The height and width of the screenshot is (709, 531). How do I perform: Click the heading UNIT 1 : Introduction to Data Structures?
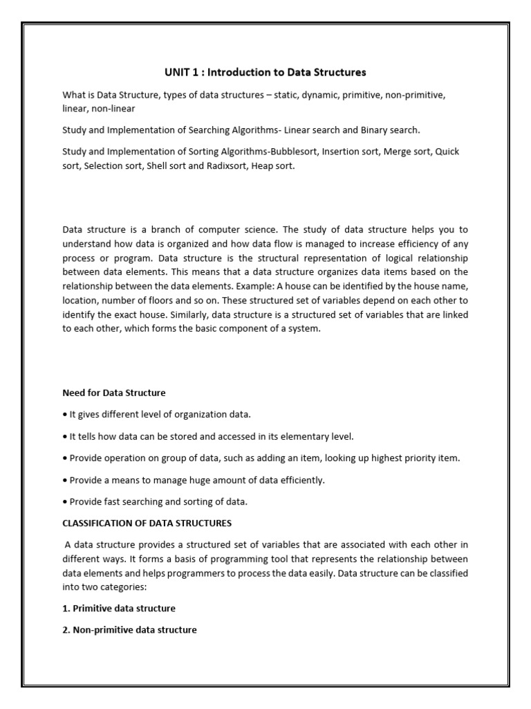coord(265,72)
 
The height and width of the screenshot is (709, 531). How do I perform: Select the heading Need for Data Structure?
coord(114,393)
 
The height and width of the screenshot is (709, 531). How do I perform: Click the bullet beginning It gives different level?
coord(157,414)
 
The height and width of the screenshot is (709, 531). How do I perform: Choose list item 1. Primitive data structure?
coord(119,608)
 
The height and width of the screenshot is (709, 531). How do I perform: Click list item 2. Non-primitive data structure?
coord(129,630)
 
